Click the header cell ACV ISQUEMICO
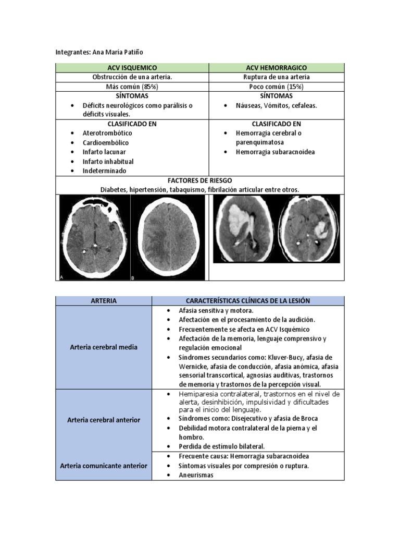[132, 68]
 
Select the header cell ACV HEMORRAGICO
[276, 68]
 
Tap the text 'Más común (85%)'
[132, 87]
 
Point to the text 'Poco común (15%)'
[276, 87]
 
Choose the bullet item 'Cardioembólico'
[106, 142]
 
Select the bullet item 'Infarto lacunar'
[104, 152]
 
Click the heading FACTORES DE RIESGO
[199, 180]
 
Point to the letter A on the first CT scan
[61, 278]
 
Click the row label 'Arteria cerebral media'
[104, 347]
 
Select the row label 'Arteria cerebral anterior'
[104, 420]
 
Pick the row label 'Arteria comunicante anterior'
[104, 466]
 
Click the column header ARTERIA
[104, 301]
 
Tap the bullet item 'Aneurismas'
[196, 475]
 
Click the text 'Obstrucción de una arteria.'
[132, 77]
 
